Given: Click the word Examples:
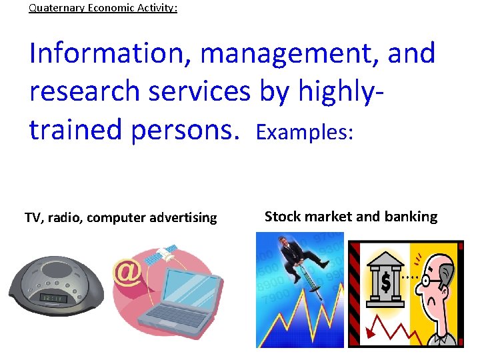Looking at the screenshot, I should pos(304,133).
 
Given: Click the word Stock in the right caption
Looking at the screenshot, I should pos(282,217).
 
